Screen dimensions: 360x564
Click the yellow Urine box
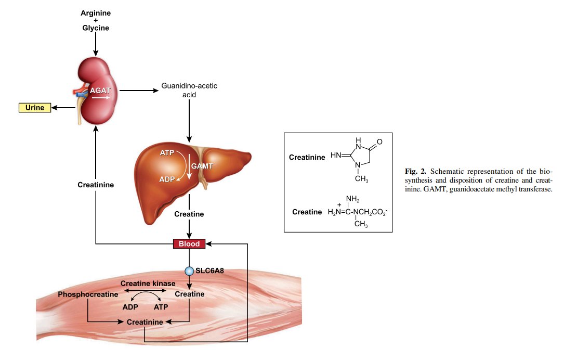coord(35,108)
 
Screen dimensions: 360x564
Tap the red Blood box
coord(189,243)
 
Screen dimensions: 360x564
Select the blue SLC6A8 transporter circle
coord(189,271)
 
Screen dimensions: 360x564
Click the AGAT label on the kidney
coord(100,89)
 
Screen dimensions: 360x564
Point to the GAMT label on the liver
coord(202,166)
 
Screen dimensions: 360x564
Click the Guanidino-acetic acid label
coord(189,91)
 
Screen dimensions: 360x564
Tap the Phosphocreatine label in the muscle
coord(88,294)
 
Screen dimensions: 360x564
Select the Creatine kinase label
coord(148,284)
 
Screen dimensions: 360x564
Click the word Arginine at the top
coord(96,12)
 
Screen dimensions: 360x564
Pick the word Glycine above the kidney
coord(96,28)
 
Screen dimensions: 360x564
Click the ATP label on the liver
coord(167,153)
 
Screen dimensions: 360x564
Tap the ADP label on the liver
coord(166,179)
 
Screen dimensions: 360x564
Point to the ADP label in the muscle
coord(130,306)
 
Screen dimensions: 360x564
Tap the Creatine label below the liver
coord(189,214)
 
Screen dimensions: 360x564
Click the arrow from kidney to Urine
coord(63,108)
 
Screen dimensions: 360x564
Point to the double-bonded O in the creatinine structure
coord(379,142)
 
